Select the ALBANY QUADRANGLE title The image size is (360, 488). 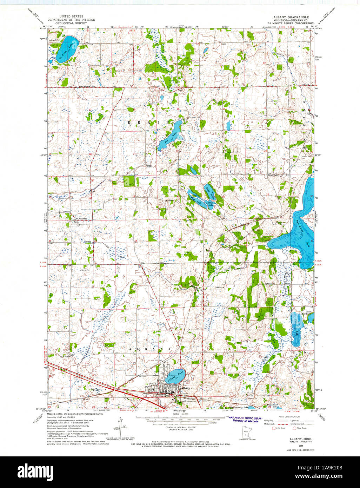tap(291, 17)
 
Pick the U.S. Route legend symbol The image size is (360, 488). tap(274, 428)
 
